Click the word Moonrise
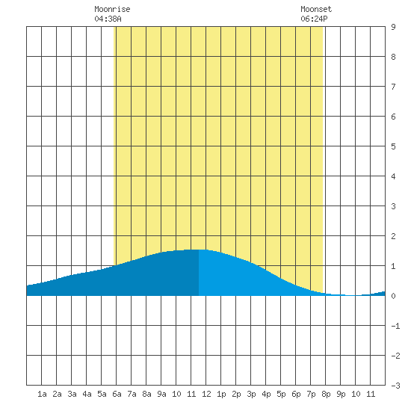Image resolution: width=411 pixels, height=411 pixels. [112, 9]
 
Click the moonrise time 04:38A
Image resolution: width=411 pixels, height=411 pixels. [108, 19]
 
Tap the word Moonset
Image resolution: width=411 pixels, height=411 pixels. [316, 9]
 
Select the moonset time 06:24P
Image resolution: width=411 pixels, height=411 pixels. [314, 19]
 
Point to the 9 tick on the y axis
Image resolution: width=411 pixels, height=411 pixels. [393, 27]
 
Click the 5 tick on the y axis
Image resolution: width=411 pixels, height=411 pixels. [393, 146]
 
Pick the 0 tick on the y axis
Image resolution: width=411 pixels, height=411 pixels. [393, 296]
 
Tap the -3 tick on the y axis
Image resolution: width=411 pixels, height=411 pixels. [395, 386]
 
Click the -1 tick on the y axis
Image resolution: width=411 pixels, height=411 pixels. [395, 326]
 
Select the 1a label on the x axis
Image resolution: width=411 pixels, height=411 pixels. [42, 394]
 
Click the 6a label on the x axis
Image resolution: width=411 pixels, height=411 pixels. [117, 394]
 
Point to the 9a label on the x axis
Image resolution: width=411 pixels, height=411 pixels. [161, 394]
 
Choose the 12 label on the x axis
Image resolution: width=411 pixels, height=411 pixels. [206, 394]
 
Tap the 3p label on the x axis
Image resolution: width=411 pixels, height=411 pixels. [251, 394]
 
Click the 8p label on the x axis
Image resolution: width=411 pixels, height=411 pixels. [326, 394]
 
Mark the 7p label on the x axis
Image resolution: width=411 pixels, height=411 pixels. [311, 394]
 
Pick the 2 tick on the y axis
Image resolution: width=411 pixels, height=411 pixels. [393, 236]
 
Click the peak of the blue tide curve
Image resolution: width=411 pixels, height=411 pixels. [199, 250]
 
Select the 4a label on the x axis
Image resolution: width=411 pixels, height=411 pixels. [87, 394]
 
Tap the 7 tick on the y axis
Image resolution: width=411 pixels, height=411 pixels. [393, 87]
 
